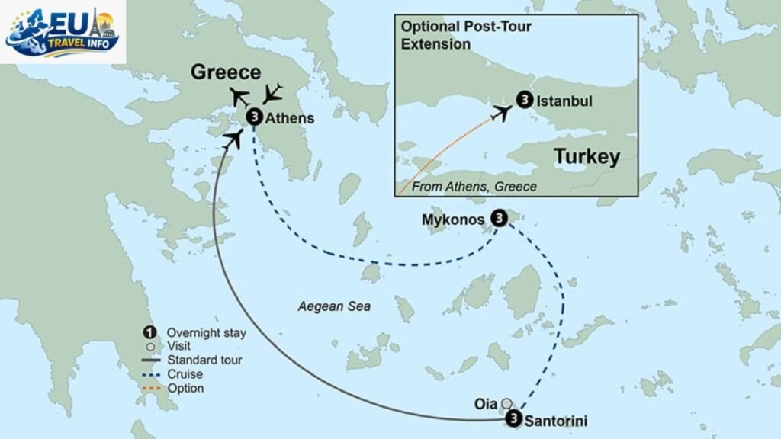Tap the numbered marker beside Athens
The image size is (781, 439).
tap(256, 117)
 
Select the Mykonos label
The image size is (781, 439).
tap(453, 219)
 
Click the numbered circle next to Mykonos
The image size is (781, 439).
tap(498, 218)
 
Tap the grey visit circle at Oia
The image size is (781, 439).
tap(506, 403)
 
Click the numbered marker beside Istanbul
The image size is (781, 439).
tap(525, 99)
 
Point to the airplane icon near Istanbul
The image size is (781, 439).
tap(501, 113)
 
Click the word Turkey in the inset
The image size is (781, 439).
tap(587, 157)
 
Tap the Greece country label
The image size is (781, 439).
tap(226, 72)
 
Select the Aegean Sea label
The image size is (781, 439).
tap(334, 307)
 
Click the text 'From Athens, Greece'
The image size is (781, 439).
tap(474, 187)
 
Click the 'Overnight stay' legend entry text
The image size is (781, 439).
tap(207, 332)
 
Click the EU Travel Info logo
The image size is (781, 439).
tap(63, 32)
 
